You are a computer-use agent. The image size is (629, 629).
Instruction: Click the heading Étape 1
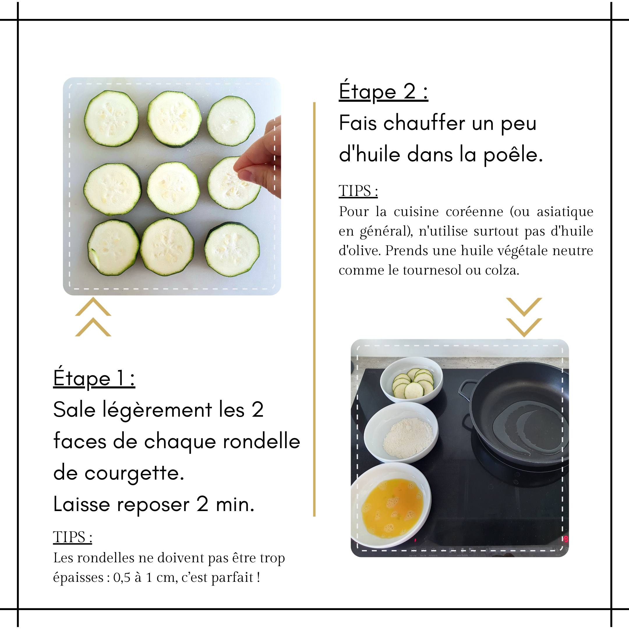tap(94, 377)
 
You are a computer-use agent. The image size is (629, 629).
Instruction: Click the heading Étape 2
tap(383, 91)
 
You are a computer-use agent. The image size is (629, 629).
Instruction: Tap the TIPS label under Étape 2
tap(358, 191)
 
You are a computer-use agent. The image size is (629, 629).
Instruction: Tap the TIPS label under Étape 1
tap(73, 537)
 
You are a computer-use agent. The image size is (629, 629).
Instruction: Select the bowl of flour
tap(401, 432)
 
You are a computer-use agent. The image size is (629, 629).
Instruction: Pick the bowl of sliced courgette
tap(411, 380)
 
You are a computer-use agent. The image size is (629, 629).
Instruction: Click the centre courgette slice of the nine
tap(173, 188)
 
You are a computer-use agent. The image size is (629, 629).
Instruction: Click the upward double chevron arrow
tap(93, 317)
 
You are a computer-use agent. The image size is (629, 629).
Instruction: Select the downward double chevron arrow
tap(524, 317)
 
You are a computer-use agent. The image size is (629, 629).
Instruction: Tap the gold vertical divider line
tap(314, 309)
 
